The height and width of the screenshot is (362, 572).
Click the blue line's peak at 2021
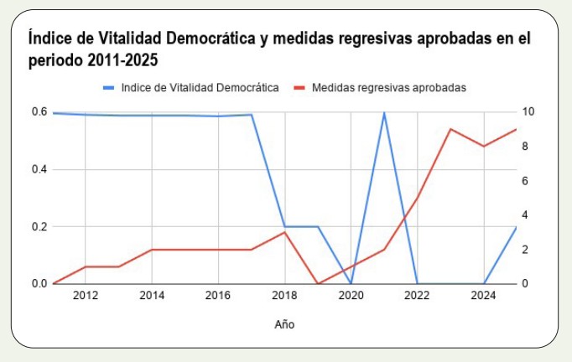[x=384, y=112]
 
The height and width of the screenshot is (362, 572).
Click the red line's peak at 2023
[x=450, y=129]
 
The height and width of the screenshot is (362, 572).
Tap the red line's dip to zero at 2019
[x=318, y=283]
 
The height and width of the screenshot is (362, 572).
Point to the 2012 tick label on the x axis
[x=86, y=295]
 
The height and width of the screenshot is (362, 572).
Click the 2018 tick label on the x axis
[x=284, y=295]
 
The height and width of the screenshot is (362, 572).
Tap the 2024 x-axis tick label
[x=483, y=295]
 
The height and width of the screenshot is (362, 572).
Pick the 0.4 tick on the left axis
[x=39, y=169]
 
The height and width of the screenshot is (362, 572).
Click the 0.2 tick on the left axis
[x=39, y=226]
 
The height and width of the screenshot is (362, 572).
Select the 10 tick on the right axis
[x=528, y=112]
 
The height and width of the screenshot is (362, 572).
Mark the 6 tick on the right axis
[x=525, y=181]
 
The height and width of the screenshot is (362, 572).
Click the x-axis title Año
[x=284, y=323]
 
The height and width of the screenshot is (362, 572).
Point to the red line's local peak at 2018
[x=284, y=232]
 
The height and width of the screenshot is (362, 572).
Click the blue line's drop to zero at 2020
[x=351, y=283]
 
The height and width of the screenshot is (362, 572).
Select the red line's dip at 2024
[x=483, y=146]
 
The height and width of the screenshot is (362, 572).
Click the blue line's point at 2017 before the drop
[x=252, y=115]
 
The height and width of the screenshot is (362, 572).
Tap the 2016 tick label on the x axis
[x=218, y=295]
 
